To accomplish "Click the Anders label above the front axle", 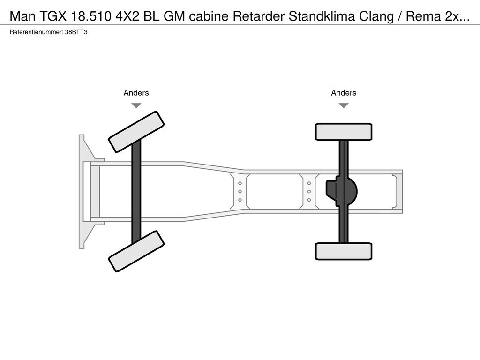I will [x=136, y=93].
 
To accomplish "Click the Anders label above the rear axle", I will [x=344, y=93].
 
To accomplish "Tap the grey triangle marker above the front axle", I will [x=136, y=105].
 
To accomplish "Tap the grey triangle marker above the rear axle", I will [x=344, y=105].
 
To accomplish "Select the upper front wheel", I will [x=136, y=131].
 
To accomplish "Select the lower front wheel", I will [x=136, y=251].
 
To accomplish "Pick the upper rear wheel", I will [x=344, y=132].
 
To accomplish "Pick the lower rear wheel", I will [x=344, y=251].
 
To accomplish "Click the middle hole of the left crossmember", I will [x=240, y=191].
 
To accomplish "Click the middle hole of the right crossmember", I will [x=309, y=191].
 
